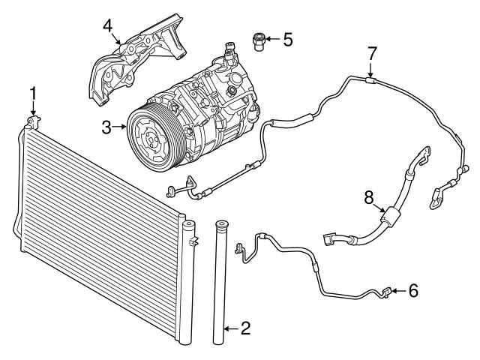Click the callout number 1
click(x=33, y=93)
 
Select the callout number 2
click(x=245, y=328)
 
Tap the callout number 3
click(x=106, y=127)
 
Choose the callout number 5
click(x=288, y=39)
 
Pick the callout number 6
click(x=413, y=290)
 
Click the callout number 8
click(x=369, y=197)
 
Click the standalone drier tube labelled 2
click(x=220, y=283)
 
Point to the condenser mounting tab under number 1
click(x=33, y=122)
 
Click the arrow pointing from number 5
click(x=273, y=39)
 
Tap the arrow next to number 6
click(x=399, y=290)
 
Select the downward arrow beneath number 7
click(x=370, y=70)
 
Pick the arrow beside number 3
click(x=120, y=127)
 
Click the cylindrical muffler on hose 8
click(x=390, y=217)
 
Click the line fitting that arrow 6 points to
click(x=387, y=292)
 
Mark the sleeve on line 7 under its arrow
click(x=370, y=80)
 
